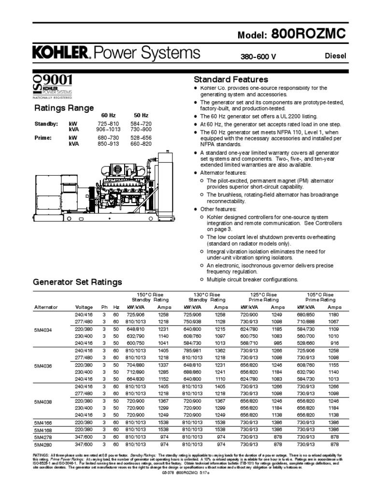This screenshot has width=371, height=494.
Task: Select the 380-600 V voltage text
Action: [x=258, y=57]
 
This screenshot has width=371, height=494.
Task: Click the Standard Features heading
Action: [x=231, y=79]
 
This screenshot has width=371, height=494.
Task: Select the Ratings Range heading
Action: [x=63, y=108]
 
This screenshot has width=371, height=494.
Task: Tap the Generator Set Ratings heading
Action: [x=77, y=282]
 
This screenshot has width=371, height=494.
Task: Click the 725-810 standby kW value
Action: [x=108, y=124]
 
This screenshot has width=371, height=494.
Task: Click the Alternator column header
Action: [x=46, y=307]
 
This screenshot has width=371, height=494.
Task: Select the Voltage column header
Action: [x=84, y=307]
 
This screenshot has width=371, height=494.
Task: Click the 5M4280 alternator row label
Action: [x=43, y=444]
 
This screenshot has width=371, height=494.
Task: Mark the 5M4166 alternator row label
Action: [x=43, y=422]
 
